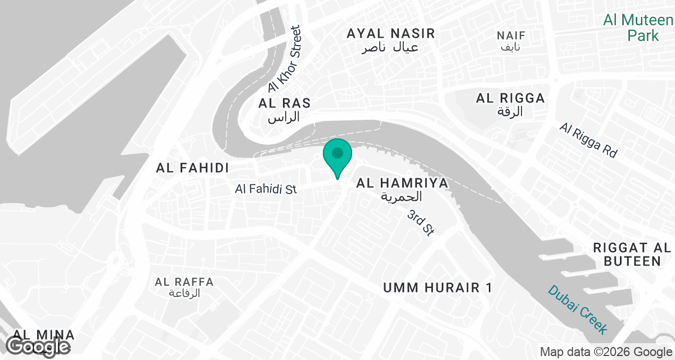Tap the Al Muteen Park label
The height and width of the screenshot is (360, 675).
(638, 28)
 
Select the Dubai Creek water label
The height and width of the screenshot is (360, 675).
(579, 310)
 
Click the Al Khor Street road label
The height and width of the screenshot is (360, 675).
(285, 59)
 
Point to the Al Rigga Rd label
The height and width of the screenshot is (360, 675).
(588, 140)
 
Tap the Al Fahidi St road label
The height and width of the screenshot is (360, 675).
(265, 190)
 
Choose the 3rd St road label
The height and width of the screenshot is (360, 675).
(421, 223)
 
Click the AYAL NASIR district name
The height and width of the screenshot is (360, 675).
(391, 34)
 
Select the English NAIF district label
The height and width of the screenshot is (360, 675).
(511, 36)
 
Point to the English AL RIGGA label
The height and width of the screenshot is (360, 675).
(510, 98)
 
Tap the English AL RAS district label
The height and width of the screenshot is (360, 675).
(285, 103)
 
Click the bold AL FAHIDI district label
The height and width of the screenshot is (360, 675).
(192, 168)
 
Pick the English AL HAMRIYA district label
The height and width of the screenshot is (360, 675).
(402, 183)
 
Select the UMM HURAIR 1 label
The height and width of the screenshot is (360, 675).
(438, 288)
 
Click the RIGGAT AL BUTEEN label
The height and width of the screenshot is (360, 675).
(632, 254)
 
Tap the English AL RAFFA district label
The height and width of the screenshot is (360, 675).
(184, 282)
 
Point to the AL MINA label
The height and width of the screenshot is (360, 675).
(29, 334)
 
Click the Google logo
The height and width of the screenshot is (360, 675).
(39, 346)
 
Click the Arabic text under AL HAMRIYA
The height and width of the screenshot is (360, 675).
(401, 197)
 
